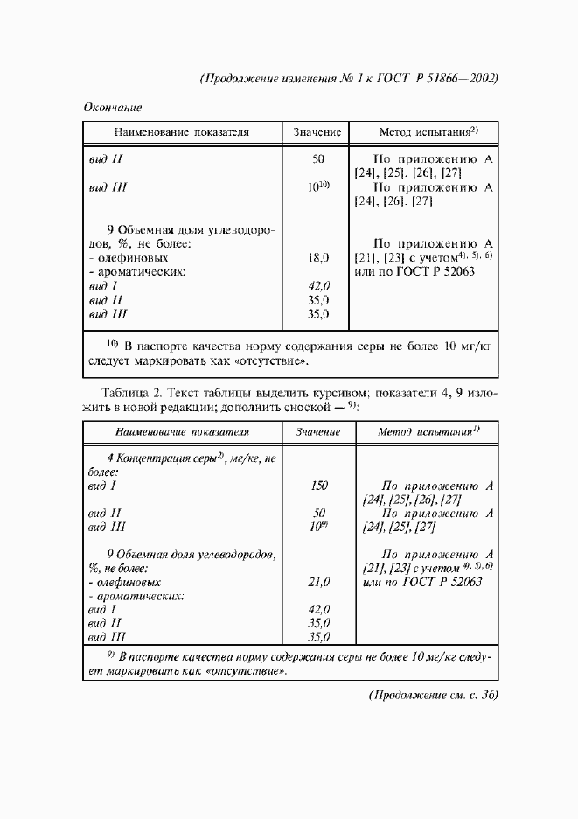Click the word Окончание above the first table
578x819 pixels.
click(113, 107)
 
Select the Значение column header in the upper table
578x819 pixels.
click(317, 132)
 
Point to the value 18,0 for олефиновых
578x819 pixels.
click(318, 258)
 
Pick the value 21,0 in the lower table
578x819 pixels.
click(318, 582)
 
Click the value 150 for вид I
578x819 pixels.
click(318, 485)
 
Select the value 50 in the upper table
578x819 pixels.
click(318, 159)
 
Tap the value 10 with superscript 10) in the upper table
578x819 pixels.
click(317, 187)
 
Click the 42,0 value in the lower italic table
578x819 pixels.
click(318, 609)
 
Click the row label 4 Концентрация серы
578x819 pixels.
click(184, 458)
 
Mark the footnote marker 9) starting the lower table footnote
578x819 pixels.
click(110, 654)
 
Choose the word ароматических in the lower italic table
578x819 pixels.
click(141, 596)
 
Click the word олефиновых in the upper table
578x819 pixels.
click(133, 258)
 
